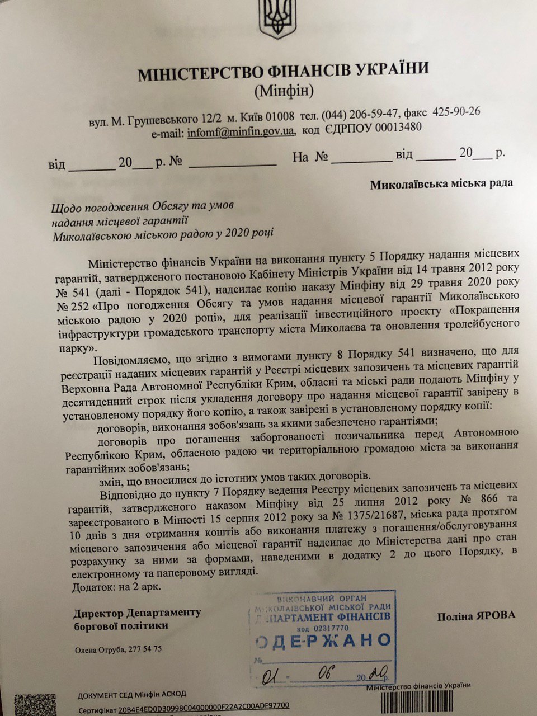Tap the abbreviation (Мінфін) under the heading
(x=284, y=89)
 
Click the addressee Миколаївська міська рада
(x=441, y=183)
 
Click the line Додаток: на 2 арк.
(x=117, y=587)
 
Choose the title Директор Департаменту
(x=136, y=613)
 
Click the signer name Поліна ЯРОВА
(x=477, y=616)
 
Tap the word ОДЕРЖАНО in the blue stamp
(x=323, y=640)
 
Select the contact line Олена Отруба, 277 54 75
(x=118, y=649)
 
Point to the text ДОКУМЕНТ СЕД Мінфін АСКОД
(x=131, y=694)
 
